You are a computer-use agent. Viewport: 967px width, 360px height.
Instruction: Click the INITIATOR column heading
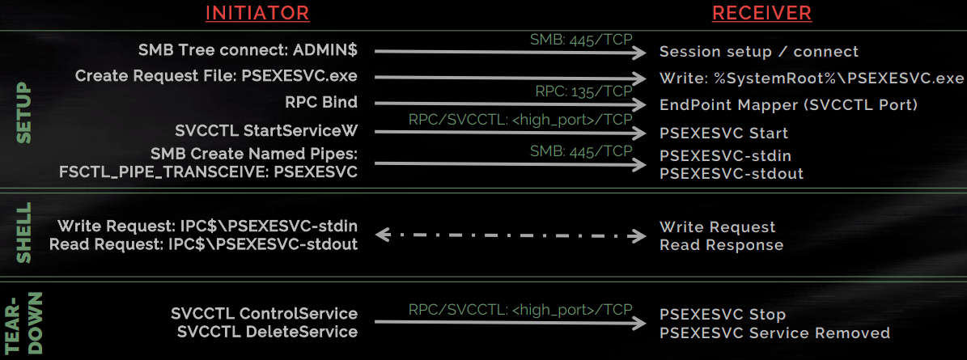click(x=257, y=13)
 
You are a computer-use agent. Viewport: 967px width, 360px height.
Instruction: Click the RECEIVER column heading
click(x=762, y=13)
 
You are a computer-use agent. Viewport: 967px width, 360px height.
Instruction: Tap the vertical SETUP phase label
click(x=23, y=113)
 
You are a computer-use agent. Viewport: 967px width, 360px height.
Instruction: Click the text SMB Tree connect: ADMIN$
click(x=248, y=51)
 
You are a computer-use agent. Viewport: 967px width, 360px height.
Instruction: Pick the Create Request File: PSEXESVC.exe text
click(x=216, y=76)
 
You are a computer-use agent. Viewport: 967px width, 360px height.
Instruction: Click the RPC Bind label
click(x=322, y=103)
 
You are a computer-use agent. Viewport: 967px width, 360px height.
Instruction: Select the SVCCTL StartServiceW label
click(x=266, y=130)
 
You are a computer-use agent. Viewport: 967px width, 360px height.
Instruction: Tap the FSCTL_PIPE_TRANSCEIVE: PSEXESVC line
click(x=208, y=172)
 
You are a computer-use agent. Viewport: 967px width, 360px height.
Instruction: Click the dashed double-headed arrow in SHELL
click(x=511, y=236)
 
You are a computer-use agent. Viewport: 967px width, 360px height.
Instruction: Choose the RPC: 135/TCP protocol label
click(x=583, y=91)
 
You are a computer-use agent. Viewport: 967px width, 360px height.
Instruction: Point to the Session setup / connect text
click(x=759, y=52)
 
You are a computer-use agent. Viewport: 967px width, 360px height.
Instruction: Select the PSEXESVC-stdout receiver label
click(x=732, y=173)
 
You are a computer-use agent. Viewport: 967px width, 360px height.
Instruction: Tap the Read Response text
click(x=721, y=244)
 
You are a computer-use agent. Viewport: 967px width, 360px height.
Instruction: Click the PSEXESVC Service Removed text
click(x=774, y=333)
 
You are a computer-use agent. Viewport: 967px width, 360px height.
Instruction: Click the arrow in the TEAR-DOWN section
click(x=511, y=323)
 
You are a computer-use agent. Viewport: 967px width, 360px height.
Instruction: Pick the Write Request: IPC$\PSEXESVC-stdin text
click(x=207, y=227)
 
